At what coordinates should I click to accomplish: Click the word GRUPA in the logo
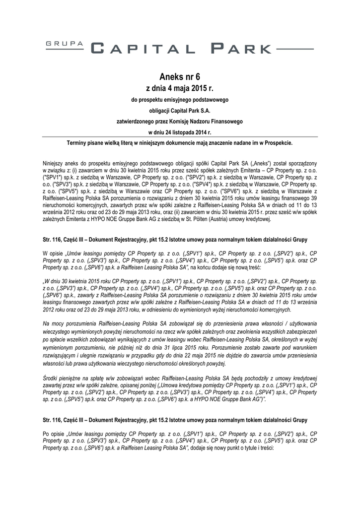pos(65,44)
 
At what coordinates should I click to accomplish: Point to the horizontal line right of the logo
pos(294,49)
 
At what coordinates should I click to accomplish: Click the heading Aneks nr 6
pos(179,76)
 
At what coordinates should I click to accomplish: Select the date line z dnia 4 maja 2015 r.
pos(179,88)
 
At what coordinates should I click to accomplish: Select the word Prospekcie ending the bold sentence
pos(278,143)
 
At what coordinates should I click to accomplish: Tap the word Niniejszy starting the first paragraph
pos(55,163)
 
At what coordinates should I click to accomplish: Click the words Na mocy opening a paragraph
pos(53,323)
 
